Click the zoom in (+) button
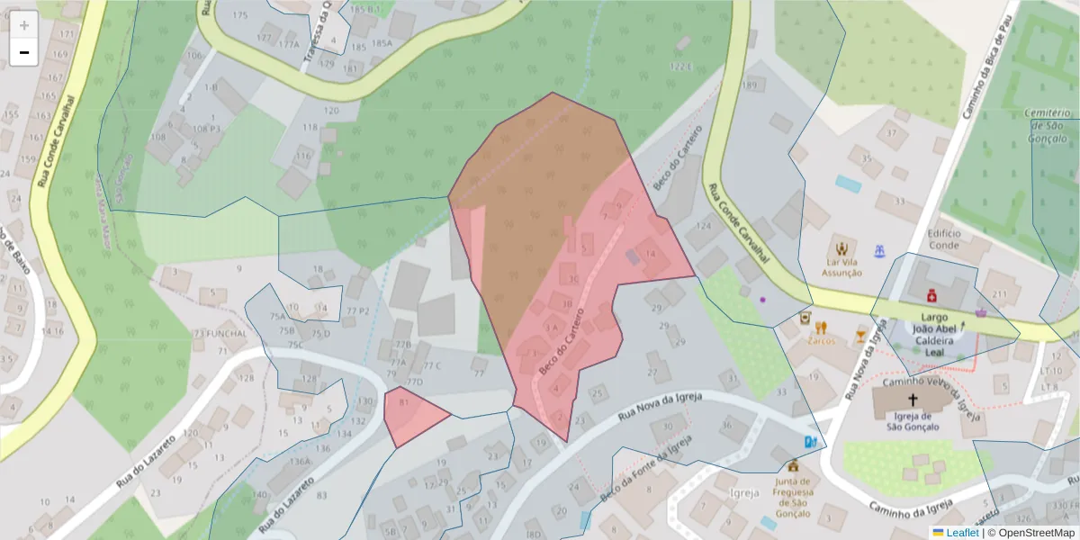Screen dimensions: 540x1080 point(24,25)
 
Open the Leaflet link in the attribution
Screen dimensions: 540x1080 point(961,533)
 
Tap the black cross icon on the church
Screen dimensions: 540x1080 point(913,400)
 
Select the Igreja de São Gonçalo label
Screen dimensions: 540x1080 point(913,421)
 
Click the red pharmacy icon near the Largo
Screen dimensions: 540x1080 point(931,295)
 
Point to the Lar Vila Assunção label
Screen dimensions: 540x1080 point(842,267)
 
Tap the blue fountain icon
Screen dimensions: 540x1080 point(879,248)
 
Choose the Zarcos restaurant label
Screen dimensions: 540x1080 point(821,341)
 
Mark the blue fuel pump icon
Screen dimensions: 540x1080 point(811,442)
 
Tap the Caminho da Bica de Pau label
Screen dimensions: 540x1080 point(987,67)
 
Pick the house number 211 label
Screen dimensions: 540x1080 point(999,294)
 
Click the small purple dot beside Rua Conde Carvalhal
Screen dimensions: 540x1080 point(762,299)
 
